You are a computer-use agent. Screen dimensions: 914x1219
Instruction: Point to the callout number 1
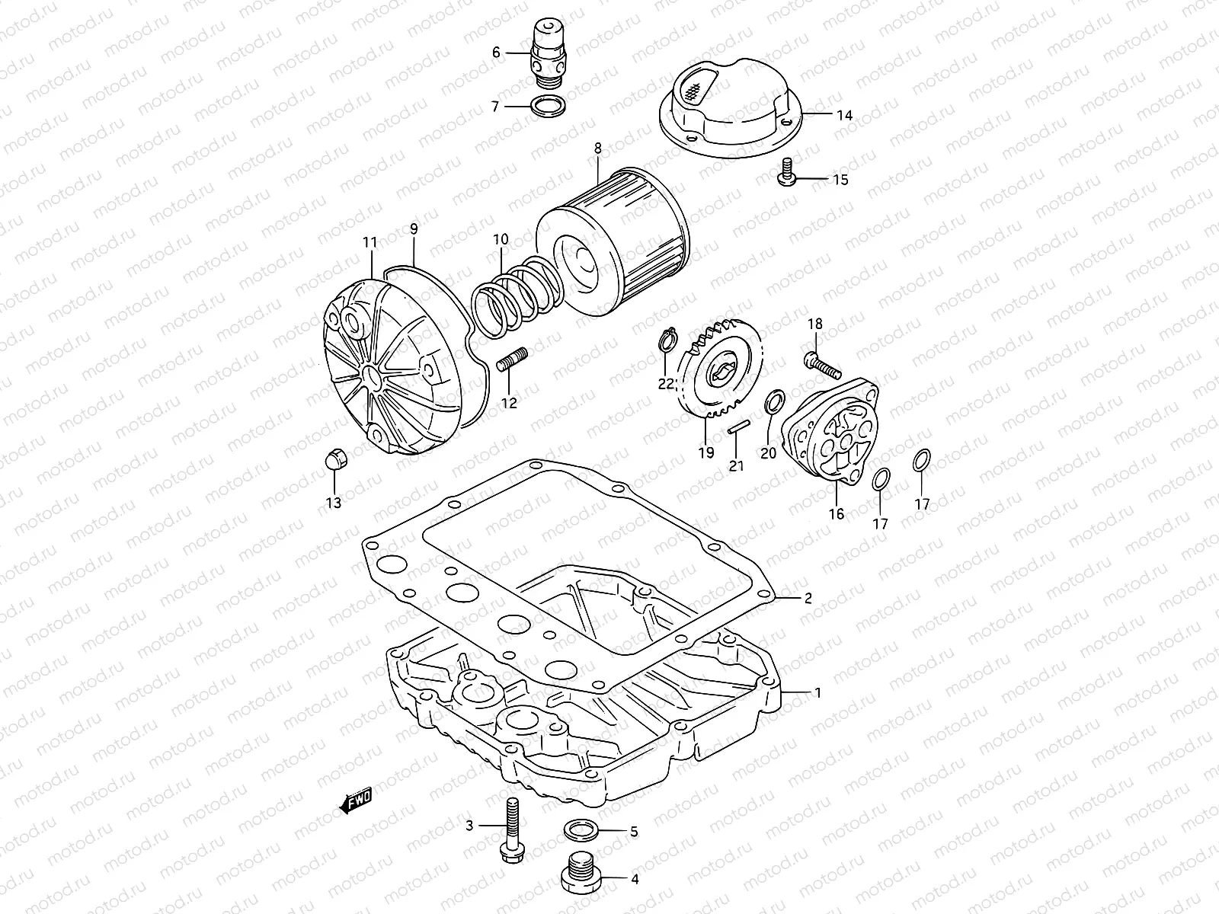tap(817, 693)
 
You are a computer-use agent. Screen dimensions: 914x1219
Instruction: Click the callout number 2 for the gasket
tap(808, 598)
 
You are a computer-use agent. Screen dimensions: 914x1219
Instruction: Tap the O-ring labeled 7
tap(546, 106)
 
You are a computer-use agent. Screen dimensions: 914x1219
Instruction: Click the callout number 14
tap(844, 116)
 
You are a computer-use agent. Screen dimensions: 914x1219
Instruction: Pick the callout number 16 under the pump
tap(837, 514)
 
